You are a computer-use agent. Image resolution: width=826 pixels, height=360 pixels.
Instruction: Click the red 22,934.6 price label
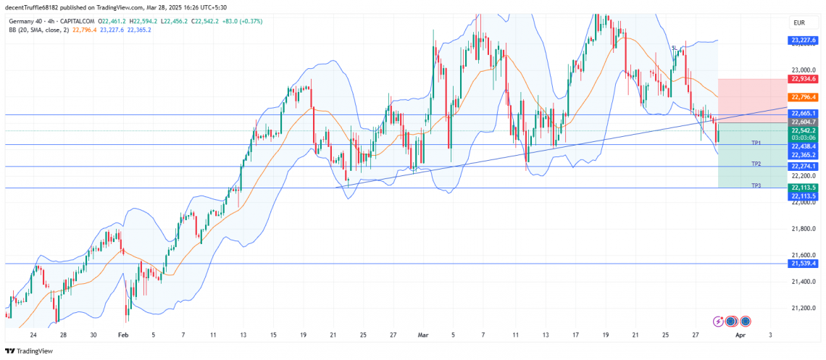[804, 78]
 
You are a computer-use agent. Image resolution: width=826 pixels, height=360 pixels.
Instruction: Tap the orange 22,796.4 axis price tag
[804, 96]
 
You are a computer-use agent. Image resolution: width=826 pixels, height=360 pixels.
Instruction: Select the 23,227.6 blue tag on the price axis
[804, 41]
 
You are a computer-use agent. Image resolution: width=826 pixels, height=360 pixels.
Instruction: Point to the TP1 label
[756, 143]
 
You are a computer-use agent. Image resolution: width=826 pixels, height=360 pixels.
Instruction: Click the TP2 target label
[756, 164]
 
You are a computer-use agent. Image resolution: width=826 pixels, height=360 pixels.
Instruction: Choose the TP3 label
[756, 186]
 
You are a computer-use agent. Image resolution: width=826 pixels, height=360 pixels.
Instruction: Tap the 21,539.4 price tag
[804, 263]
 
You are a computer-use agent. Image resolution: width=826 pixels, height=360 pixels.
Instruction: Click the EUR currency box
[799, 23]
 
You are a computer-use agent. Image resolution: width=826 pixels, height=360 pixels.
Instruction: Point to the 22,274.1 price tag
[804, 166]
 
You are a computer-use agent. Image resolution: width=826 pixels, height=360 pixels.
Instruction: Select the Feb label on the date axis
[122, 335]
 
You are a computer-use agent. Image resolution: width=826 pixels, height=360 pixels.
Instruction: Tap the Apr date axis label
[740, 335]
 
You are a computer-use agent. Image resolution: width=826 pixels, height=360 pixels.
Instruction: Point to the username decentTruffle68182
[33, 7]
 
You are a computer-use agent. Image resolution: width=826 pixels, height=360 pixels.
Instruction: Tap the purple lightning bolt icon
[719, 321]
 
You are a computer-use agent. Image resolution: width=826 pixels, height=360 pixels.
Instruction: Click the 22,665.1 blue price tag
[804, 114]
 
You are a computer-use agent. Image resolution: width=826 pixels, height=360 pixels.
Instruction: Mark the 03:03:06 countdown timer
[804, 138]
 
